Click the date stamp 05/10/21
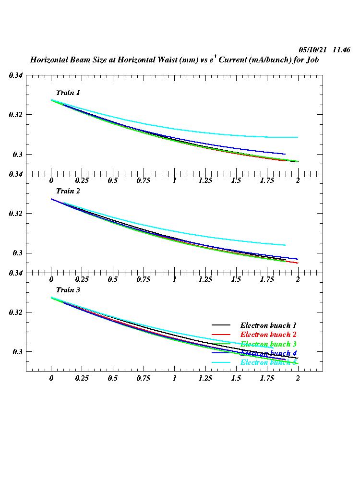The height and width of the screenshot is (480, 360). (312, 50)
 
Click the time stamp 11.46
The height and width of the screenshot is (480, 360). (341, 50)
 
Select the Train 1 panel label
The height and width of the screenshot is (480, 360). (68, 93)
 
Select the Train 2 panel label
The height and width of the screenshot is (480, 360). (68, 191)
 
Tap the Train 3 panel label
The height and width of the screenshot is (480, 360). (68, 290)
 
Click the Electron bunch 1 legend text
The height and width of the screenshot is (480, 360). (268, 325)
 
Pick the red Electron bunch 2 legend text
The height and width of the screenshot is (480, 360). (268, 335)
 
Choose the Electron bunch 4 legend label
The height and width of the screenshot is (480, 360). (268, 353)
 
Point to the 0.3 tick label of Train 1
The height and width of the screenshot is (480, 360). (18, 154)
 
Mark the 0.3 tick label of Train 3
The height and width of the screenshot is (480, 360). (18, 352)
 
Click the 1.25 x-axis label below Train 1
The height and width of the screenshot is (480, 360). (205, 180)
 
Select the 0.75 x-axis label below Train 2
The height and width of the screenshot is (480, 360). (144, 279)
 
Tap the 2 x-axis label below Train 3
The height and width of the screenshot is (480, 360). (298, 378)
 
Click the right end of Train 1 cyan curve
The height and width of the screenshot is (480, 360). (298, 137)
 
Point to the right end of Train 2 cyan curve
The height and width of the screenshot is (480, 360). (285, 245)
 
